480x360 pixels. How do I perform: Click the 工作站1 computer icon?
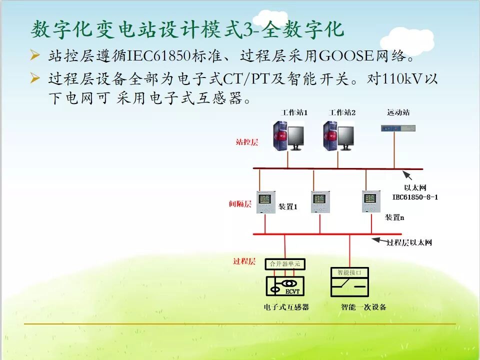288,135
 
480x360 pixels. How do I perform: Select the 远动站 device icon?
398,128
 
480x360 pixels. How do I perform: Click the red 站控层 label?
247,142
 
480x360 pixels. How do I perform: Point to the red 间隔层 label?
240,204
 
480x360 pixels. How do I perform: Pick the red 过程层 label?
244,261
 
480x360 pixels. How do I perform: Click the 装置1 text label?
287,206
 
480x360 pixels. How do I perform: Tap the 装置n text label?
394,217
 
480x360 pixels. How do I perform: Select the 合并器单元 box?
285,264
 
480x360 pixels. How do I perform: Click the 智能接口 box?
349,272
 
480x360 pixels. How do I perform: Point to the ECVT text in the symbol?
292,290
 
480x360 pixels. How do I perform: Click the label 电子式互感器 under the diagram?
286,306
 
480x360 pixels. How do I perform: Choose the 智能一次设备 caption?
363,306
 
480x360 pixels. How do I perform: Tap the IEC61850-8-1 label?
415,197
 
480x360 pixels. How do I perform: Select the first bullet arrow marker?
34,54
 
